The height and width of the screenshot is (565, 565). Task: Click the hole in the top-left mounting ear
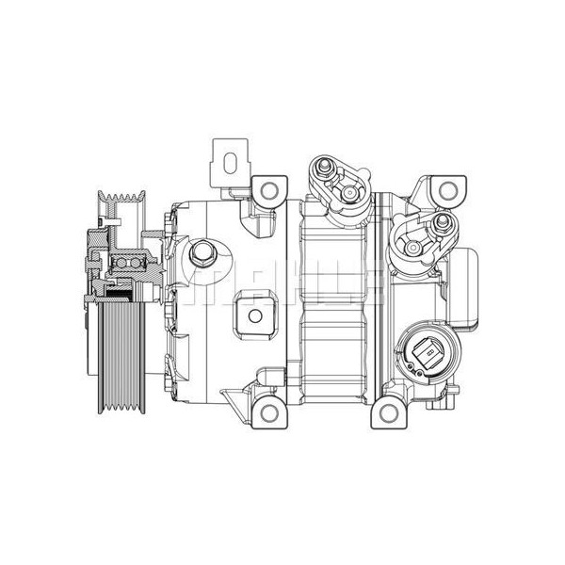[270, 191]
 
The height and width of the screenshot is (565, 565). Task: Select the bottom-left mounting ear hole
[270, 411]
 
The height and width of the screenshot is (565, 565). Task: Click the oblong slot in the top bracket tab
[227, 158]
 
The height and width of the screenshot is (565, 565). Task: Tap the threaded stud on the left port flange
[323, 169]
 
